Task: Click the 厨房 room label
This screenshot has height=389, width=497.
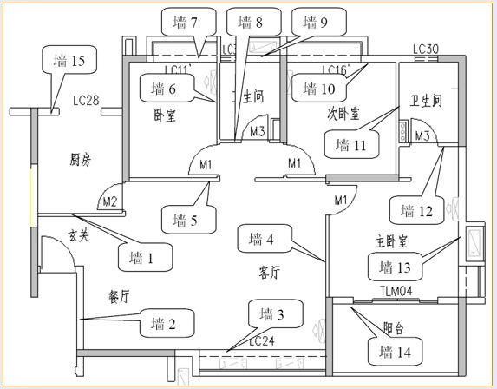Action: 82,160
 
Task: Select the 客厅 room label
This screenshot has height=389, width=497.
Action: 270,273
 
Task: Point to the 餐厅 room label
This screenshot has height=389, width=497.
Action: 120,295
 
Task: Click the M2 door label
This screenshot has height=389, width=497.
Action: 110,202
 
